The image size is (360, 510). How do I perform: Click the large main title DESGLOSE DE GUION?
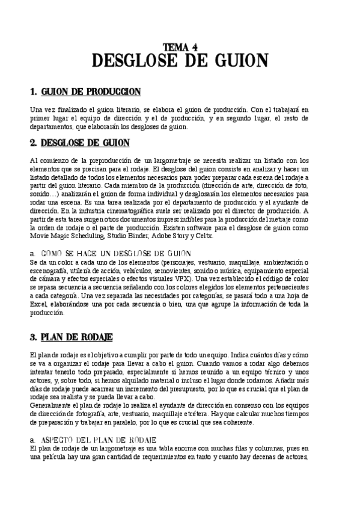click(x=180, y=61)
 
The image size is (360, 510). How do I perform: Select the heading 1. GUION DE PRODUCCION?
click(x=85, y=92)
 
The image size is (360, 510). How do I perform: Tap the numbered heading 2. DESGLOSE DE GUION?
click(x=79, y=143)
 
